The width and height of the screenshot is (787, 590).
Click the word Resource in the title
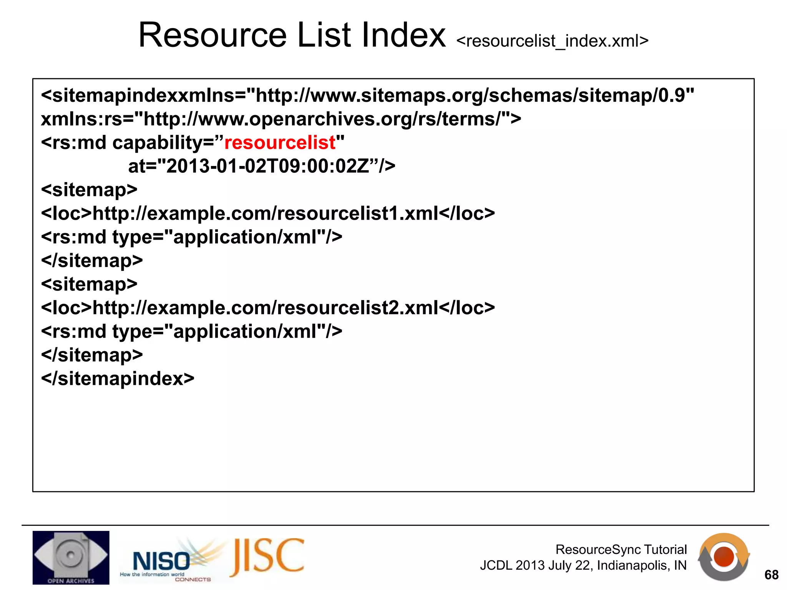tap(213, 35)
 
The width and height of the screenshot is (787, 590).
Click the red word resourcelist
tap(280, 143)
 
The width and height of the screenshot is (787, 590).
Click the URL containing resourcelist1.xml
tap(265, 214)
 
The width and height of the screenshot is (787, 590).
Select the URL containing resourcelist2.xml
tap(265, 308)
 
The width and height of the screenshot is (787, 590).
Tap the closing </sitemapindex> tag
tap(118, 379)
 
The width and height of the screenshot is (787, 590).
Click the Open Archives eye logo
tap(71, 557)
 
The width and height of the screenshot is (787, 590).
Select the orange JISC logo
tap(267, 557)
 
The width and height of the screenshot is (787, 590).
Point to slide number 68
tap(771, 575)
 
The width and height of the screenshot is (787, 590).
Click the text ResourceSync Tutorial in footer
tap(621, 550)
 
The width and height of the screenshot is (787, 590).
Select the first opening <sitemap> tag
tap(89, 190)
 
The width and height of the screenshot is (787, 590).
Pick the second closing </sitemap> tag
tap(92, 355)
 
